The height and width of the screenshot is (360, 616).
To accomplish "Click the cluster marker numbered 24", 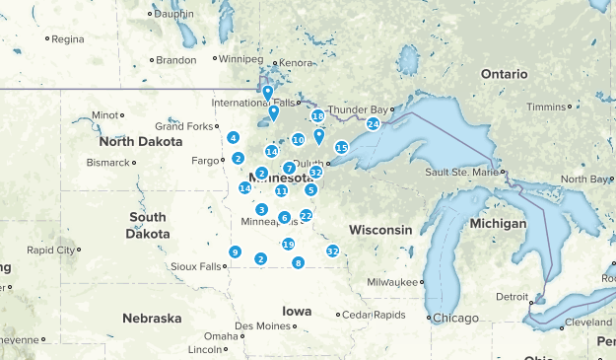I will click(x=373, y=123).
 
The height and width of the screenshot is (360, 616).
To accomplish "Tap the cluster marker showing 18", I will click(x=317, y=115).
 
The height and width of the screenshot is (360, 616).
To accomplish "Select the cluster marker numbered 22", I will click(x=306, y=215).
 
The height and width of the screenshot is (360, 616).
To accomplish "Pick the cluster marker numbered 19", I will click(x=288, y=244).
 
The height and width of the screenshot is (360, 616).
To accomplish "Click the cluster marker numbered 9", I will click(x=235, y=252).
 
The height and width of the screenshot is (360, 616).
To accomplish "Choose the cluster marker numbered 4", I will click(x=233, y=137).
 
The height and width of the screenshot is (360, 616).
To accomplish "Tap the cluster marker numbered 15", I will click(x=341, y=147).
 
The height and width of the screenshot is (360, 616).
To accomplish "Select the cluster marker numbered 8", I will click(x=298, y=262).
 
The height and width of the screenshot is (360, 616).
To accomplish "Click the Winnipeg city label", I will click(x=240, y=59).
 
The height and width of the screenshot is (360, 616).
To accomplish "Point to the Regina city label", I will click(x=68, y=39).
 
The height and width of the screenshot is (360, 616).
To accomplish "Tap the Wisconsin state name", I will click(x=379, y=230).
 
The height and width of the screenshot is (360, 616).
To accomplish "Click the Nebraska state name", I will click(x=152, y=318).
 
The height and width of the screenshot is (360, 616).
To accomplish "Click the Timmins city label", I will click(x=548, y=107).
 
